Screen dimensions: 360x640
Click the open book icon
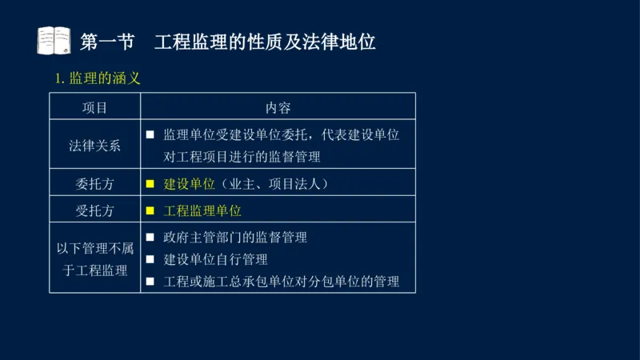tap(54, 40)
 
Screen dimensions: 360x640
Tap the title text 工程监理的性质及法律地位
tap(265, 41)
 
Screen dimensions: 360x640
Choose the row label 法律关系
tap(94, 145)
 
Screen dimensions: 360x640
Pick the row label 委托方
tap(94, 183)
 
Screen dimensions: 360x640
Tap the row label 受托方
tap(94, 210)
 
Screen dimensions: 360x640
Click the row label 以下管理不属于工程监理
tap(94, 259)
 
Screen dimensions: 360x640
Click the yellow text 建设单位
tap(190, 183)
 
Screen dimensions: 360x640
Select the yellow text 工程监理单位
tap(202, 210)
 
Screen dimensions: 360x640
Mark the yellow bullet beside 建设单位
tap(150, 183)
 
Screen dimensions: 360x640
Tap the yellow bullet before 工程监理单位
tap(150, 211)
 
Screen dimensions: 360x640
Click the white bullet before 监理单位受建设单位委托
tap(150, 134)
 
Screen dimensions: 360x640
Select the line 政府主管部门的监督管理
tap(234, 237)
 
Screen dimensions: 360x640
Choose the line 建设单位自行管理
tap(215, 259)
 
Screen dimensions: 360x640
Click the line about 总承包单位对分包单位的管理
tap(281, 282)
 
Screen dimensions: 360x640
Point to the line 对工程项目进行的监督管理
tap(241, 156)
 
